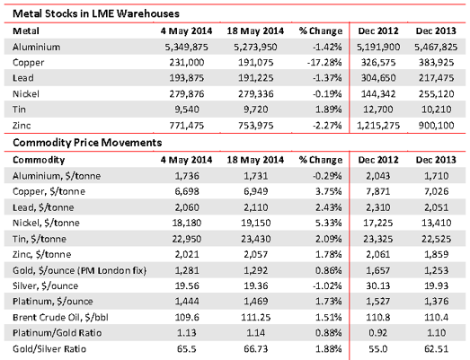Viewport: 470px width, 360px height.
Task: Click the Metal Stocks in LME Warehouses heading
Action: click(x=96, y=13)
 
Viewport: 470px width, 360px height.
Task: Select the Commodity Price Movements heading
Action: click(x=87, y=143)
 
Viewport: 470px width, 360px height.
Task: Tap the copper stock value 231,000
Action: click(x=186, y=62)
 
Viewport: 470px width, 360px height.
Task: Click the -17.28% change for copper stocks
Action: click(x=324, y=62)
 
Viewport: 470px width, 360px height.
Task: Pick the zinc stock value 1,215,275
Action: click(x=378, y=125)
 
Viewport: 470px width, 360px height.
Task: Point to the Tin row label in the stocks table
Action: click(x=19, y=110)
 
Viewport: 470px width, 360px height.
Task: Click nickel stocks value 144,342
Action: click(x=378, y=93)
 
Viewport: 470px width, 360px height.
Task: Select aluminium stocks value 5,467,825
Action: click(x=436, y=47)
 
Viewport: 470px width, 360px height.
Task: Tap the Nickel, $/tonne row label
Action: click(x=46, y=223)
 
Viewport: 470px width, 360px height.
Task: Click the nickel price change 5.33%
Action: click(x=328, y=223)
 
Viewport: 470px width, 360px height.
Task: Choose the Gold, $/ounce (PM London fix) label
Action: click(x=79, y=270)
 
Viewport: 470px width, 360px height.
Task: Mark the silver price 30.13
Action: click(x=378, y=285)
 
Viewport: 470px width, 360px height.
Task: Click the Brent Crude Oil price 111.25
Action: click(x=256, y=317)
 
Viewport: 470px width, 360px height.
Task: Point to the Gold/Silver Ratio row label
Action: click(x=49, y=349)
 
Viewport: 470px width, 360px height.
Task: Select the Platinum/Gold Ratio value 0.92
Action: click(x=378, y=333)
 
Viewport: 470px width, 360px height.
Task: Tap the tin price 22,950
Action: click(x=186, y=239)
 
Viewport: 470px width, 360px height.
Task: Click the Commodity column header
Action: click(x=39, y=160)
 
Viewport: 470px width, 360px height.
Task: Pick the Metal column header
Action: click(x=26, y=31)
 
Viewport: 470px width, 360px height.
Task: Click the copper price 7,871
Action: click(x=378, y=191)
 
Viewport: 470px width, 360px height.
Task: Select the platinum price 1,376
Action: click(x=436, y=301)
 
